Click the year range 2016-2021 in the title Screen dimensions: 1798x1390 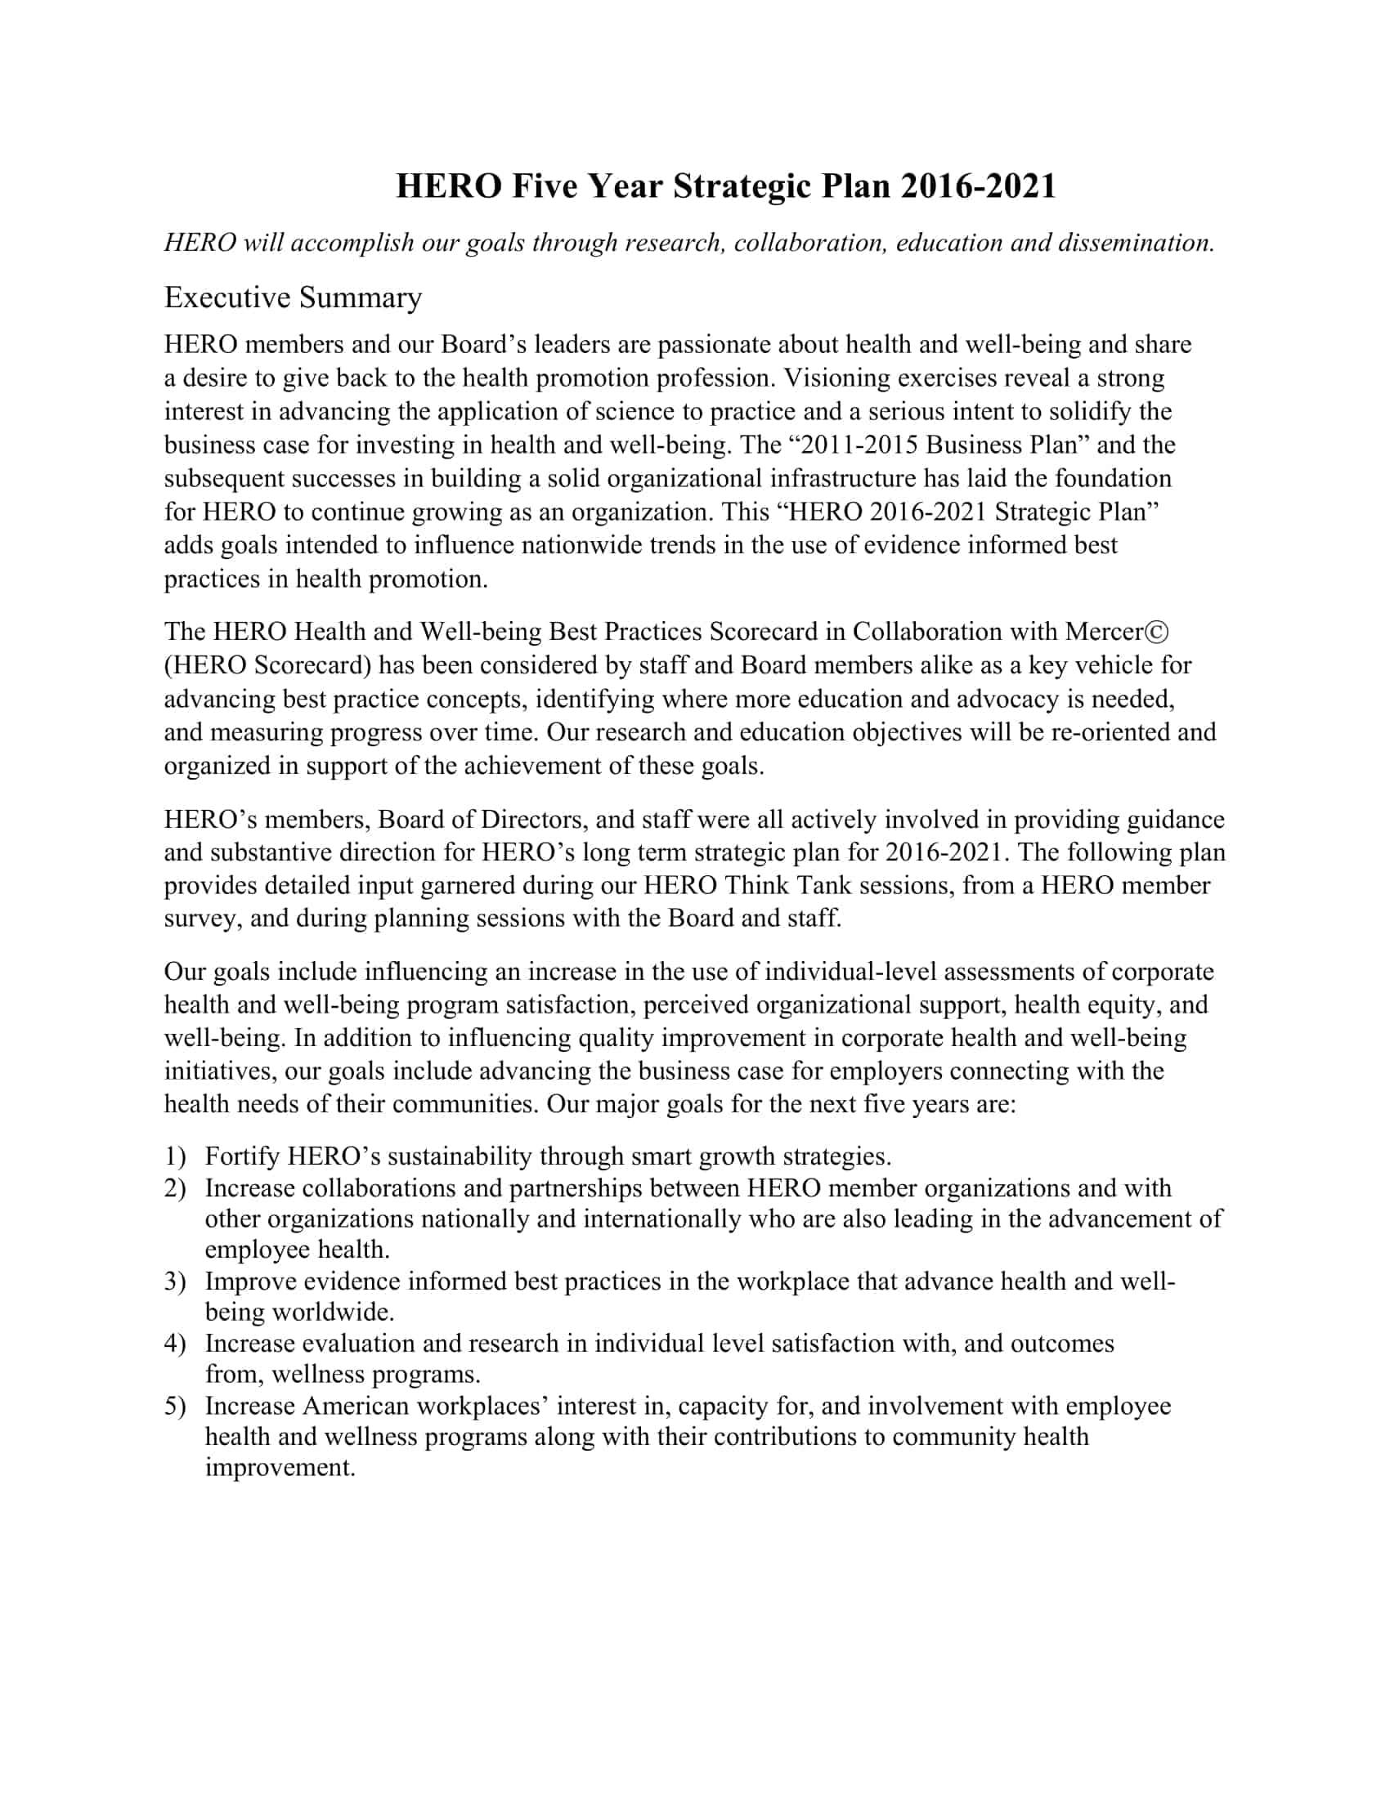pos(977,186)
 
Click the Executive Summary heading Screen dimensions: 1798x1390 pos(294,297)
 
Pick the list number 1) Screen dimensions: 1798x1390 pos(176,1156)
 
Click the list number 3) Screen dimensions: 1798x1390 pos(176,1281)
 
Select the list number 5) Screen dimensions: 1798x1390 pos(176,1407)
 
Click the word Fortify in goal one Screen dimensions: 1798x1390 pos(242,1156)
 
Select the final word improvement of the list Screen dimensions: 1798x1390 pos(280,1468)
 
